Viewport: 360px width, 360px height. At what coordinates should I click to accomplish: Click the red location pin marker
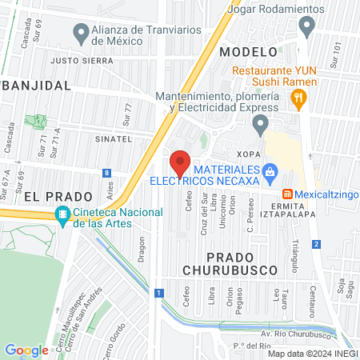pos(180,162)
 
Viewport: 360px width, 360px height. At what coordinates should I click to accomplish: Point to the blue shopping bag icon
pos(270,170)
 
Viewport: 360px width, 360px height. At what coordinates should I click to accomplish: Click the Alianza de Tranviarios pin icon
pos(80,34)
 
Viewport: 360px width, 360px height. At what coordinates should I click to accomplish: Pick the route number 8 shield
pos(106,172)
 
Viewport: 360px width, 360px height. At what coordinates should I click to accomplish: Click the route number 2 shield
pos(317,244)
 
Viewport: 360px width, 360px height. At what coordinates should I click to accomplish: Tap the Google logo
pos(26,350)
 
